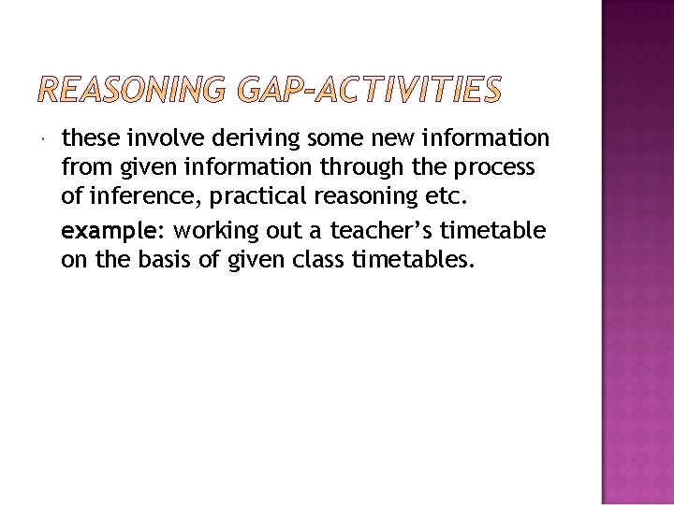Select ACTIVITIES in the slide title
tap(413, 90)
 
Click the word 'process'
tap(502, 169)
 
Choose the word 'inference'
tap(127, 198)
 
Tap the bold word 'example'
tap(97, 230)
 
